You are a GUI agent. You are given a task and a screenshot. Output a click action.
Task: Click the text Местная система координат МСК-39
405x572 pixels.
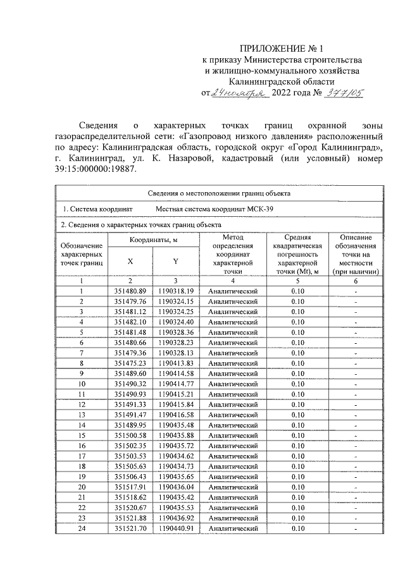click(216, 209)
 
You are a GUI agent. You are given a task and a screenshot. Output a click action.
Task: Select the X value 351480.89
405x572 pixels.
click(130, 291)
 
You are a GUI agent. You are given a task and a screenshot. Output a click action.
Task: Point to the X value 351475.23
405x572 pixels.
click(130, 363)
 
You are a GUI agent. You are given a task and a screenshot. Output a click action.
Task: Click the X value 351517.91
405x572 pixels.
click(130, 486)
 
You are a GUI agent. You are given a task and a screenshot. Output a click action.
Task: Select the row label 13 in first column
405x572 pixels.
click(82, 414)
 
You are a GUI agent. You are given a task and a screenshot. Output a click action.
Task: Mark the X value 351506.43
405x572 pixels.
click(130, 476)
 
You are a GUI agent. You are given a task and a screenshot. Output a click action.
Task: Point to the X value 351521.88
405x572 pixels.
click(130, 517)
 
